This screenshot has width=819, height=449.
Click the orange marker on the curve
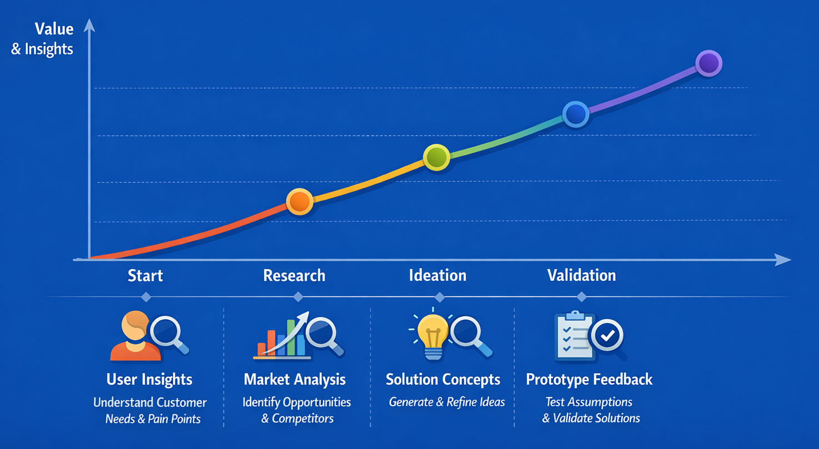pyautogui.click(x=299, y=201)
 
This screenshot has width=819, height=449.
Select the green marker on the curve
pyautogui.click(x=436, y=158)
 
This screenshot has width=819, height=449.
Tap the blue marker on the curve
pyautogui.click(x=576, y=114)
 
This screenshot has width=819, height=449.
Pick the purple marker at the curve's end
pyautogui.click(x=708, y=63)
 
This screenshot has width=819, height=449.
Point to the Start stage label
pyautogui.click(x=145, y=275)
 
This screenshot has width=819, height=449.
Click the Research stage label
pyautogui.click(x=294, y=275)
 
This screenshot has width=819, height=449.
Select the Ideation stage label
pyautogui.click(x=437, y=275)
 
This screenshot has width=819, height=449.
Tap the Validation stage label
pyautogui.click(x=581, y=275)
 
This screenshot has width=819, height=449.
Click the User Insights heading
pyautogui.click(x=149, y=380)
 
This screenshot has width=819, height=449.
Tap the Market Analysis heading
pyautogui.click(x=294, y=380)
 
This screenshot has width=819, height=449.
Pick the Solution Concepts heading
pyautogui.click(x=443, y=380)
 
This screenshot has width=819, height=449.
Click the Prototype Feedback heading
pyautogui.click(x=589, y=380)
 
